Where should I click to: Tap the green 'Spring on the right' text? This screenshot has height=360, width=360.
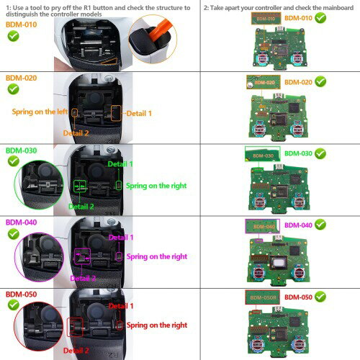click(x=156, y=185)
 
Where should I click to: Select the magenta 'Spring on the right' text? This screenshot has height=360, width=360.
click(x=156, y=256)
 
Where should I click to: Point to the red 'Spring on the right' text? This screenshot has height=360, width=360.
click(x=156, y=326)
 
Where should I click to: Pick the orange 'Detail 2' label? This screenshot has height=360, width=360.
click(x=76, y=133)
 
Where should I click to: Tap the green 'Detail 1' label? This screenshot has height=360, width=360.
click(x=120, y=164)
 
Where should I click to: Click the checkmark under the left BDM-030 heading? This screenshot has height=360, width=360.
click(x=14, y=162)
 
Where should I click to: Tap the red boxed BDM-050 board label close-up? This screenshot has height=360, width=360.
click(x=262, y=296)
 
